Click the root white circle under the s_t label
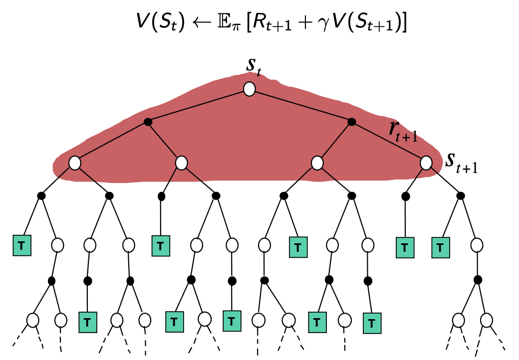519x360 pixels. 250,89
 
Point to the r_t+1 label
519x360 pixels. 402,131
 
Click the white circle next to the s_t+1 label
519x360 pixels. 426,163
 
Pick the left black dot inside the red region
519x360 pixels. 147,122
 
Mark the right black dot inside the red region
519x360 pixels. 351,122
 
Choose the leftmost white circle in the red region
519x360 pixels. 75,163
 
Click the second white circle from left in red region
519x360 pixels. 182,163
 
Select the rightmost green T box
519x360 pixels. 440,247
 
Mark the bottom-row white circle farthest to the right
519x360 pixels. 487,319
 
